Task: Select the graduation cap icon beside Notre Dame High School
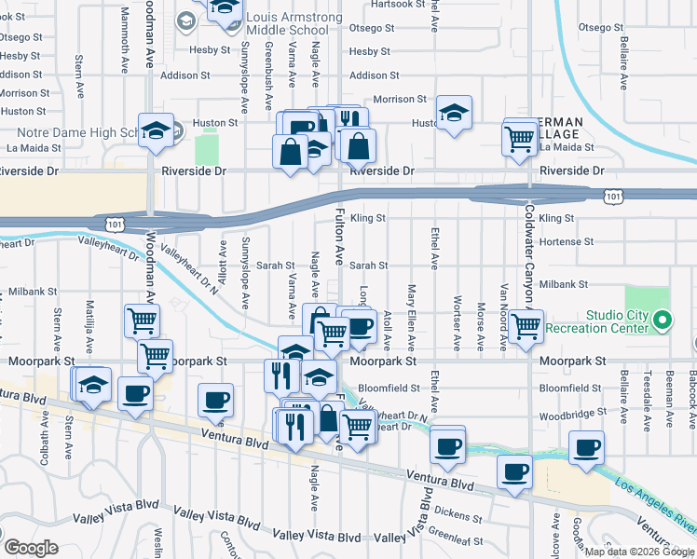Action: click(x=156, y=131)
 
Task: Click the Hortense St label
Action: click(x=566, y=241)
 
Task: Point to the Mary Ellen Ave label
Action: click(x=411, y=317)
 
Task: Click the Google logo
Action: click(x=31, y=548)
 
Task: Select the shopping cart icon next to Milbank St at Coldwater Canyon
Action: click(x=526, y=326)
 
